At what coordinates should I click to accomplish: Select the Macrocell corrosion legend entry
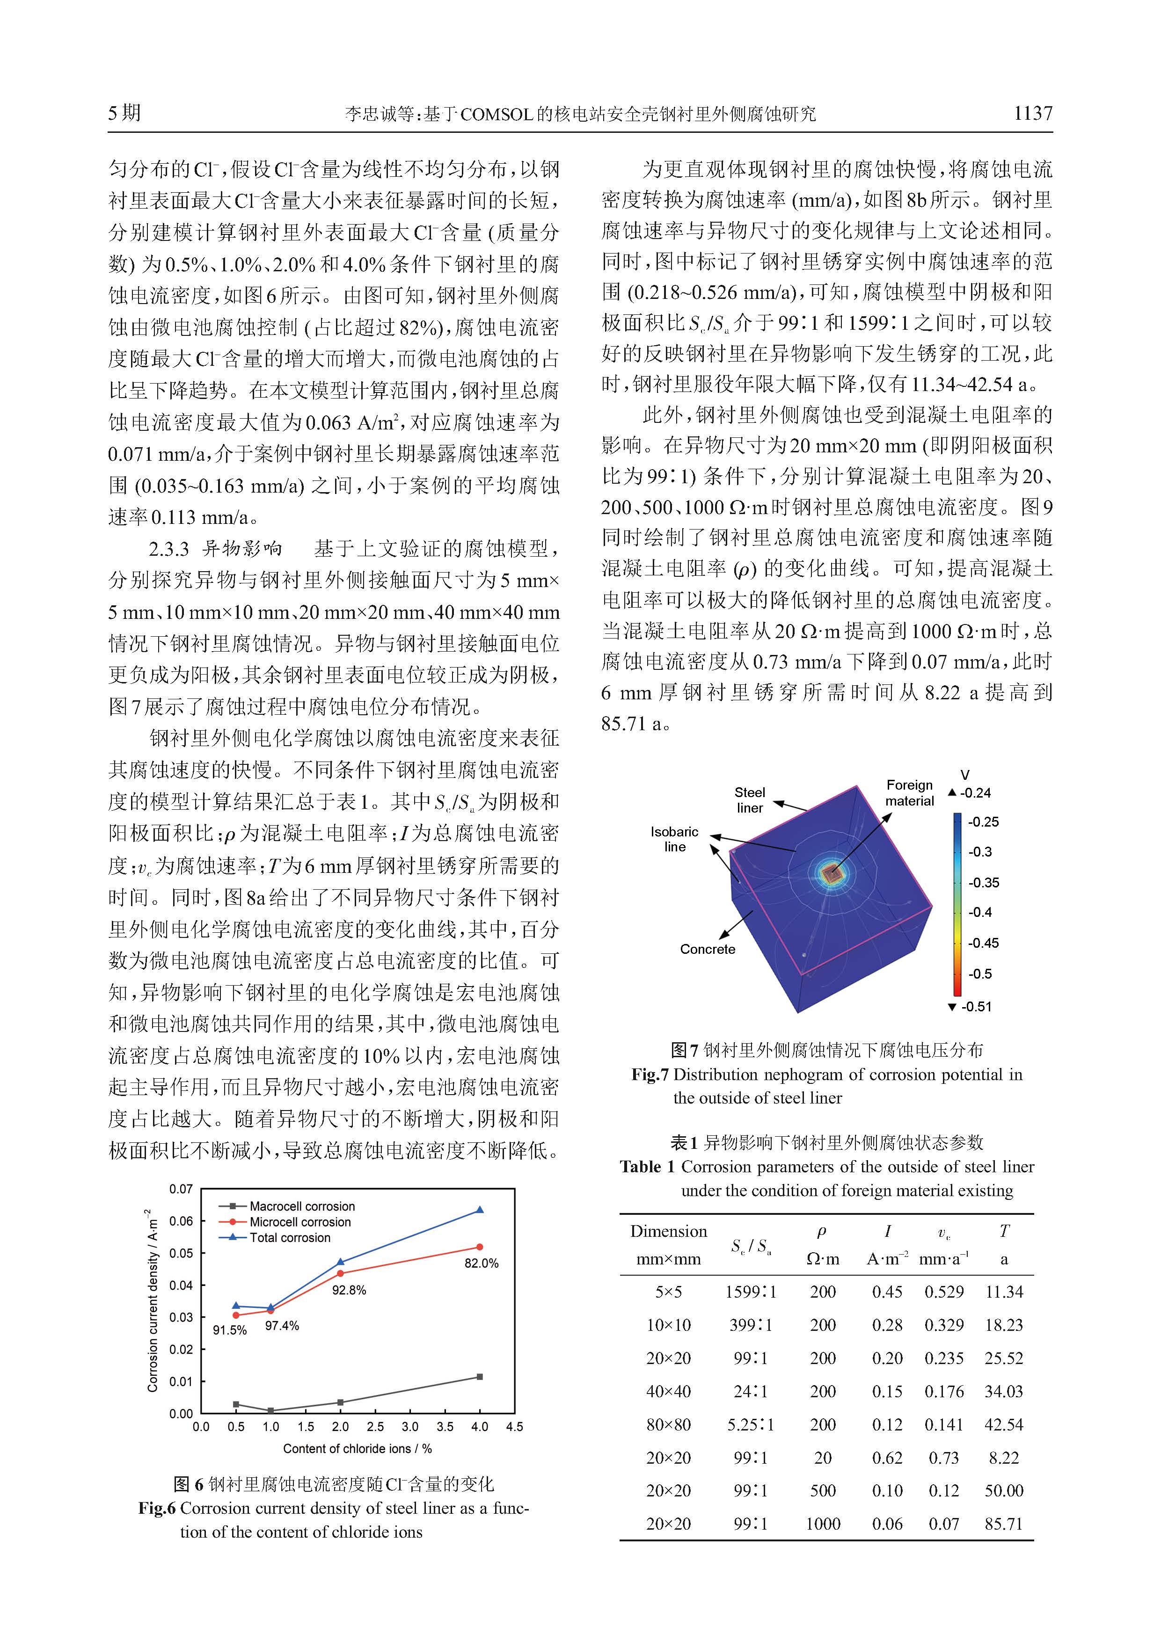(302, 1206)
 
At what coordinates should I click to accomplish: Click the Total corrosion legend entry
(290, 1238)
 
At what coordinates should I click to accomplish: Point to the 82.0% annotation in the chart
(481, 1263)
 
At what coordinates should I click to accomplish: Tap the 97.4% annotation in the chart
(282, 1326)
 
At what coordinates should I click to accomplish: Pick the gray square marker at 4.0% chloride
(480, 1377)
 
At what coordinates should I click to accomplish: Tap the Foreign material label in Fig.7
(909, 792)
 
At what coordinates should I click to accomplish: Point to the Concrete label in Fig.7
(707, 949)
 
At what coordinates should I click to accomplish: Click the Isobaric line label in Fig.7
(674, 839)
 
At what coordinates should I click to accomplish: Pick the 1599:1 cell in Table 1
(750, 1292)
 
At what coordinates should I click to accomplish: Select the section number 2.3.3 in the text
(169, 549)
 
